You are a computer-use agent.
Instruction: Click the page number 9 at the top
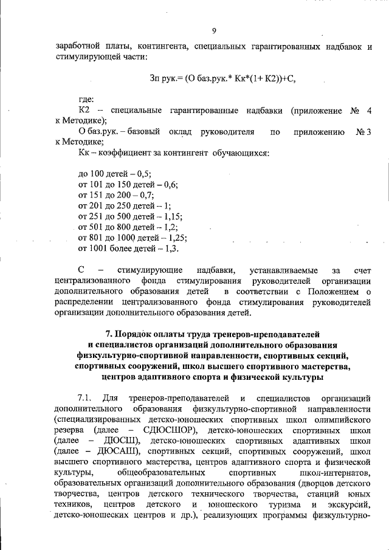[x=214, y=32]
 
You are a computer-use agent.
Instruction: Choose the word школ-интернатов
[x=335, y=472]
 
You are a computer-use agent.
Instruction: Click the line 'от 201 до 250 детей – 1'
[x=126, y=205]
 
